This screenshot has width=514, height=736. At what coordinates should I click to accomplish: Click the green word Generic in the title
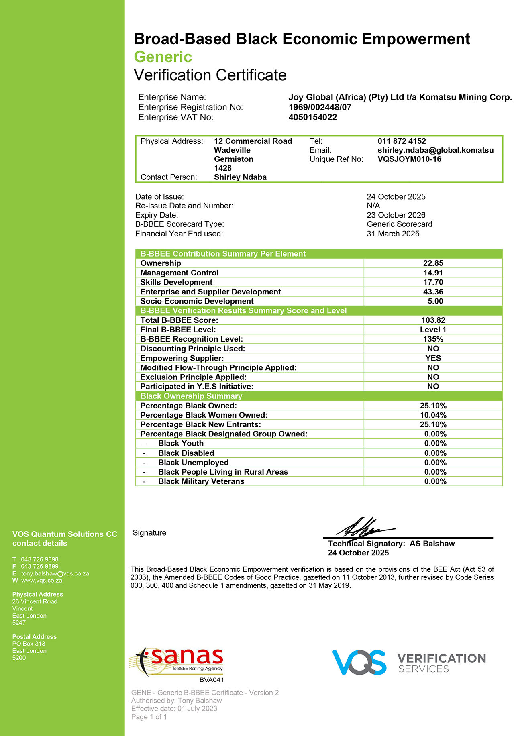(163, 57)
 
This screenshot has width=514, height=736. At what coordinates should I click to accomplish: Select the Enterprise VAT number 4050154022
(313, 118)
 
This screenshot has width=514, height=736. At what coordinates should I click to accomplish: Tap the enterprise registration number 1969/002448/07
(320, 107)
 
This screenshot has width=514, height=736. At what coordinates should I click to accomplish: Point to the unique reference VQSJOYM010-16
(409, 159)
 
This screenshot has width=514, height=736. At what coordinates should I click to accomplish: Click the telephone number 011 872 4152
(402, 141)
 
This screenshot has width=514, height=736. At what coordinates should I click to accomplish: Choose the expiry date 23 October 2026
(396, 215)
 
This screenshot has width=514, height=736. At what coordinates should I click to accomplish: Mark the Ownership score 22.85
(433, 263)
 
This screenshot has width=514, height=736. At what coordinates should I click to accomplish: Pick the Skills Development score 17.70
(433, 282)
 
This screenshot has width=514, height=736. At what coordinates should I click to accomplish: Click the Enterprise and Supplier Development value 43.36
(433, 292)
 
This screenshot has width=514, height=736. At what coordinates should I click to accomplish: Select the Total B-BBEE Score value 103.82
(433, 320)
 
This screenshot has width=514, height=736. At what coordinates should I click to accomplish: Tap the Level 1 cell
(433, 330)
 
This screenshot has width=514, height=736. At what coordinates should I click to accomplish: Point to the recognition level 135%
(433, 339)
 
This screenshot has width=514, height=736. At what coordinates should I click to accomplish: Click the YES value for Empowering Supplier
(433, 358)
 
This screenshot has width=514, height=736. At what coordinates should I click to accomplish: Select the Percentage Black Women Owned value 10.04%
(433, 415)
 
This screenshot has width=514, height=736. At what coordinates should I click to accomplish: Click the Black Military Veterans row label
(201, 481)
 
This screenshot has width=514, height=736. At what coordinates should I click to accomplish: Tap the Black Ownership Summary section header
(191, 396)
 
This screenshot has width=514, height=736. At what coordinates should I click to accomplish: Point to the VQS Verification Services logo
(409, 663)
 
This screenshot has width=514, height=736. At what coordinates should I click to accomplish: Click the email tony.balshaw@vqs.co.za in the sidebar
(55, 573)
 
